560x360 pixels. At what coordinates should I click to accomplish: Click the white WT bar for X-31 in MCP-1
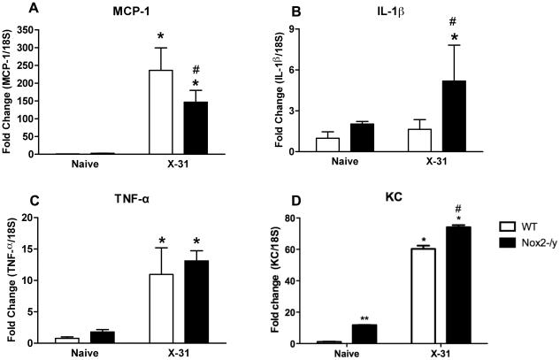point(160,111)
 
